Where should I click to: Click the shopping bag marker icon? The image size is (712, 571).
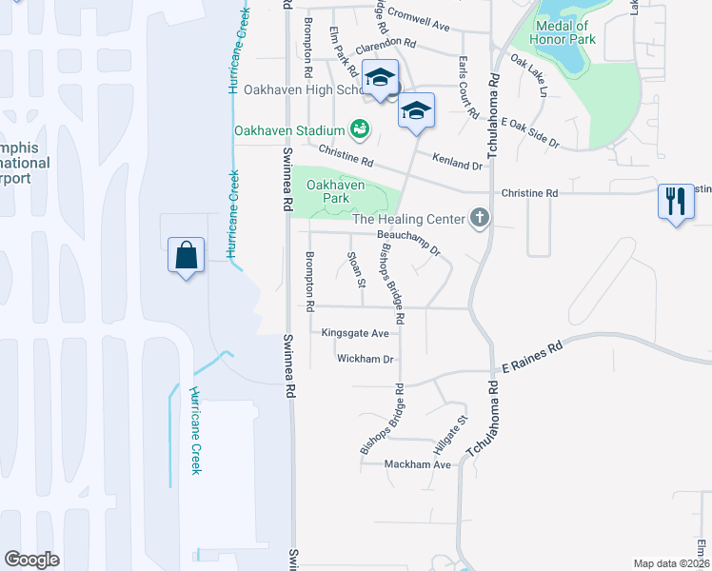(186, 256)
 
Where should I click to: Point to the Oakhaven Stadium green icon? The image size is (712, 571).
(359, 128)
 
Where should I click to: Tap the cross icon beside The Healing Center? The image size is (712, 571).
(479, 219)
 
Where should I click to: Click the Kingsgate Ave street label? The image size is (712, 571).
(355, 333)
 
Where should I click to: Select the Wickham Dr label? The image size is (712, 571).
(365, 359)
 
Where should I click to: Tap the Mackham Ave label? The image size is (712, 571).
(417, 464)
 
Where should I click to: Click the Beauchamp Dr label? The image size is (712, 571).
(408, 241)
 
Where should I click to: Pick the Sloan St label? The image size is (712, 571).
(356, 267)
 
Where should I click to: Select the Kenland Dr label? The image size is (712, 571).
(458, 162)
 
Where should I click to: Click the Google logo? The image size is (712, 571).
(32, 560)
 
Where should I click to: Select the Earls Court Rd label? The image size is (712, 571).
(467, 88)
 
